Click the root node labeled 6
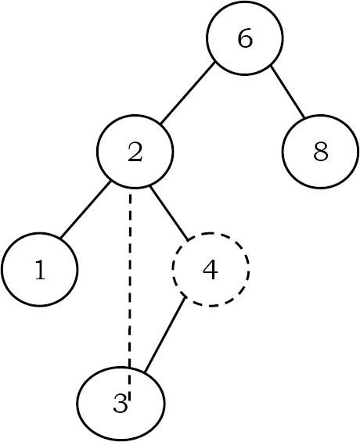[x=245, y=40]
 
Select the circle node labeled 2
[x=135, y=152]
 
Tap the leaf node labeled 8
[x=320, y=152]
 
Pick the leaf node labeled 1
[x=40, y=271]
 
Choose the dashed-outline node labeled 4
[x=210, y=270]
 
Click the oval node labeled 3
[x=121, y=403]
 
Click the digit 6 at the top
[x=245, y=40]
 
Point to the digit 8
[x=320, y=152]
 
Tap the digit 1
[x=40, y=271]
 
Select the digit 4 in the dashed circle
[x=210, y=271]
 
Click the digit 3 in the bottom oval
[x=119, y=404]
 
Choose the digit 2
[x=135, y=153]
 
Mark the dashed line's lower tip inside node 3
[x=129, y=399]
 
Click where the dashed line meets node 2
[x=130, y=189]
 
